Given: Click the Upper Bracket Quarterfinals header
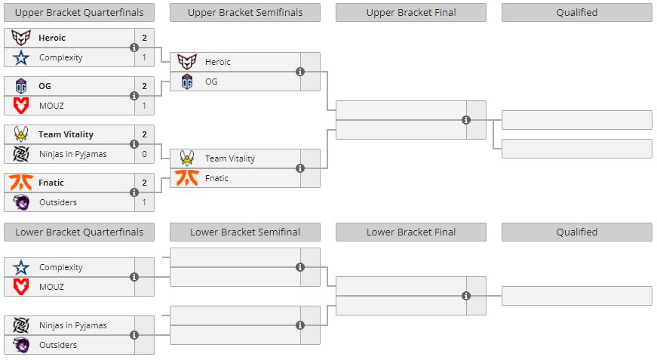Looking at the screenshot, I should (79, 12).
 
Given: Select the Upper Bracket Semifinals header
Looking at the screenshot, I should (245, 12).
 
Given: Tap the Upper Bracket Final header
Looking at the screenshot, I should (411, 12).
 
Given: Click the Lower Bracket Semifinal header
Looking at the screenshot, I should (245, 232).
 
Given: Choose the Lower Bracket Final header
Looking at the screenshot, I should (411, 232).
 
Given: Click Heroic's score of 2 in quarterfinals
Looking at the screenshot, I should (144, 38).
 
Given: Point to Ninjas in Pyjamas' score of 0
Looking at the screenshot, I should (144, 154).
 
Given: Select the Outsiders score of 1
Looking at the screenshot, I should (144, 202).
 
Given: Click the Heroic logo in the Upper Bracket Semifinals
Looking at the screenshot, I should (187, 62).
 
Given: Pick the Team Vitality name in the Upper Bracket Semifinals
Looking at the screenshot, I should (230, 158).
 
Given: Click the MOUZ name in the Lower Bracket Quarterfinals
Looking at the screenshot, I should (51, 287).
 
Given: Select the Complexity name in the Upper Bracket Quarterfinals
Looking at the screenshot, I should (61, 57).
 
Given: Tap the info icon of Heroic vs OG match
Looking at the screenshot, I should (300, 72).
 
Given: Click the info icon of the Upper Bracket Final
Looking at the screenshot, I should (466, 120).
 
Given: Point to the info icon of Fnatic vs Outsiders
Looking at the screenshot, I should (134, 192).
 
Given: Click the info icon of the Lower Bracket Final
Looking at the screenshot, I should (466, 296).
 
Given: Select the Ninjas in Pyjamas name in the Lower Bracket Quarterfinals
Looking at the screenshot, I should (73, 325).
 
